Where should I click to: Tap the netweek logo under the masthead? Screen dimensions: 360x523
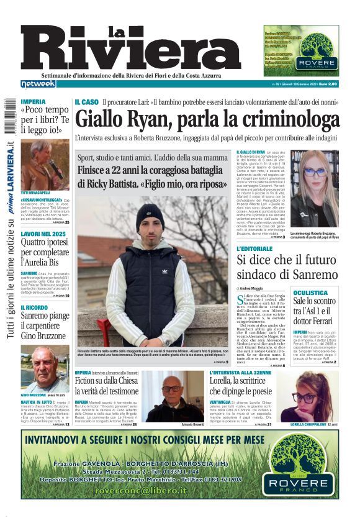tap(38, 84)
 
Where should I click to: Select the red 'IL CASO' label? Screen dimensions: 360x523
tap(86, 101)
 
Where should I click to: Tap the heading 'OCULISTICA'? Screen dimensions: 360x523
tap(310, 292)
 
